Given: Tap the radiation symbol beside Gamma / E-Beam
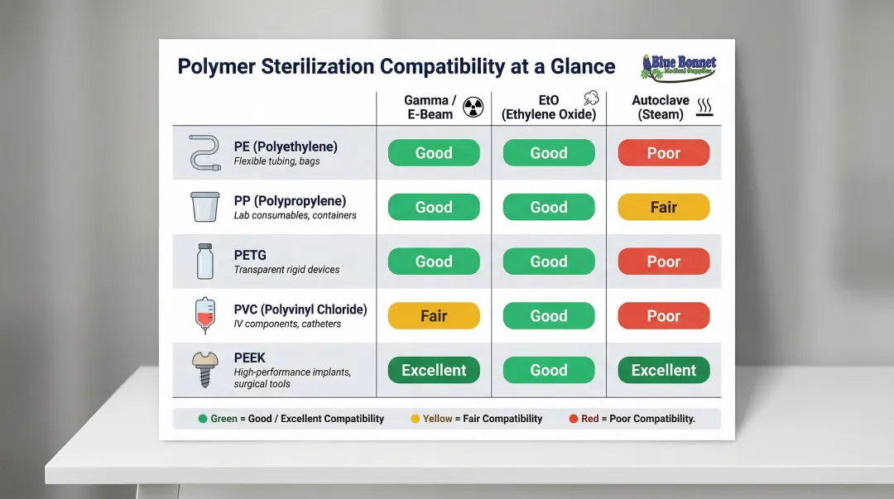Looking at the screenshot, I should click(473, 107).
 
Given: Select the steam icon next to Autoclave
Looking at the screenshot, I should click(705, 107).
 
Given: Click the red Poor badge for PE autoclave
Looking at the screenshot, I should click(663, 153).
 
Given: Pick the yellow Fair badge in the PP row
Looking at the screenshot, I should click(663, 207).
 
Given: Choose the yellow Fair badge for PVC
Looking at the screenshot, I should click(434, 315).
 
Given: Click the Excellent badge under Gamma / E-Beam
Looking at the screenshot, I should click(434, 370).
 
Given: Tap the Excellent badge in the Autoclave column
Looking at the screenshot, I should click(663, 370).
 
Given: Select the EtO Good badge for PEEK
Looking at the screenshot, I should click(549, 370).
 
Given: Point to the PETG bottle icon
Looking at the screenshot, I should click(204, 261).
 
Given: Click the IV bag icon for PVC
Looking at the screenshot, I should click(204, 314).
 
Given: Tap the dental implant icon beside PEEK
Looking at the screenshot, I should click(204, 369).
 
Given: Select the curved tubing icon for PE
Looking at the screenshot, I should click(204, 153).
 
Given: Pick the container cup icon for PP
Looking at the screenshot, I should click(204, 207).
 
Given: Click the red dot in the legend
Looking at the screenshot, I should click(573, 419).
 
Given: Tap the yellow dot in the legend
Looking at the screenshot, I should click(415, 419).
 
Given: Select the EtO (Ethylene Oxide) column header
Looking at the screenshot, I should click(549, 108).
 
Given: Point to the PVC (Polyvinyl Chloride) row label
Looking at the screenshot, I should click(300, 309).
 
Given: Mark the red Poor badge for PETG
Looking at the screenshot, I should click(663, 261).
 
